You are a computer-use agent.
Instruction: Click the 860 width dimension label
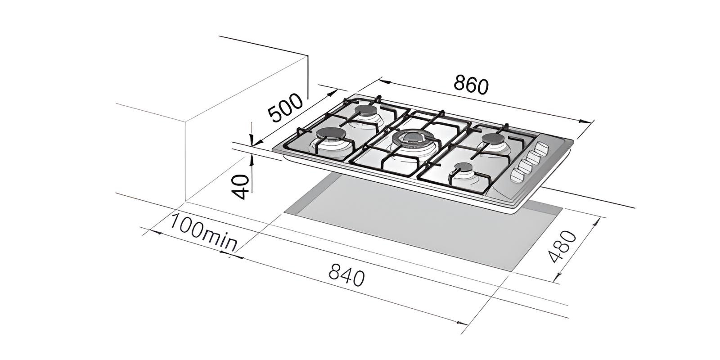tap(471, 85)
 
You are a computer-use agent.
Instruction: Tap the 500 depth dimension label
tap(285, 108)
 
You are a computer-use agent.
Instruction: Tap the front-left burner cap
tap(330, 134)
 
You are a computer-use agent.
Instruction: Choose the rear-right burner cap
tap(494, 139)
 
